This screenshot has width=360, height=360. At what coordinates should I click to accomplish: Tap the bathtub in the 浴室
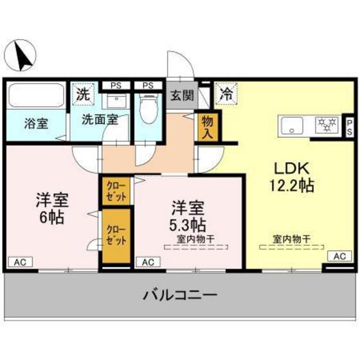point(35,96)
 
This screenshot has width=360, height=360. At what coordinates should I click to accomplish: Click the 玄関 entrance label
point(181,96)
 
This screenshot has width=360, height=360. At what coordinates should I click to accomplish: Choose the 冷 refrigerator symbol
point(226,93)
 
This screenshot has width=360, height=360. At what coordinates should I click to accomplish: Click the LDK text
point(293,168)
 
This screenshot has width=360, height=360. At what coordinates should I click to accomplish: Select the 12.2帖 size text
point(293,186)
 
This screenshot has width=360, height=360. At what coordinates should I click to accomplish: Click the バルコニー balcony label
point(179,296)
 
